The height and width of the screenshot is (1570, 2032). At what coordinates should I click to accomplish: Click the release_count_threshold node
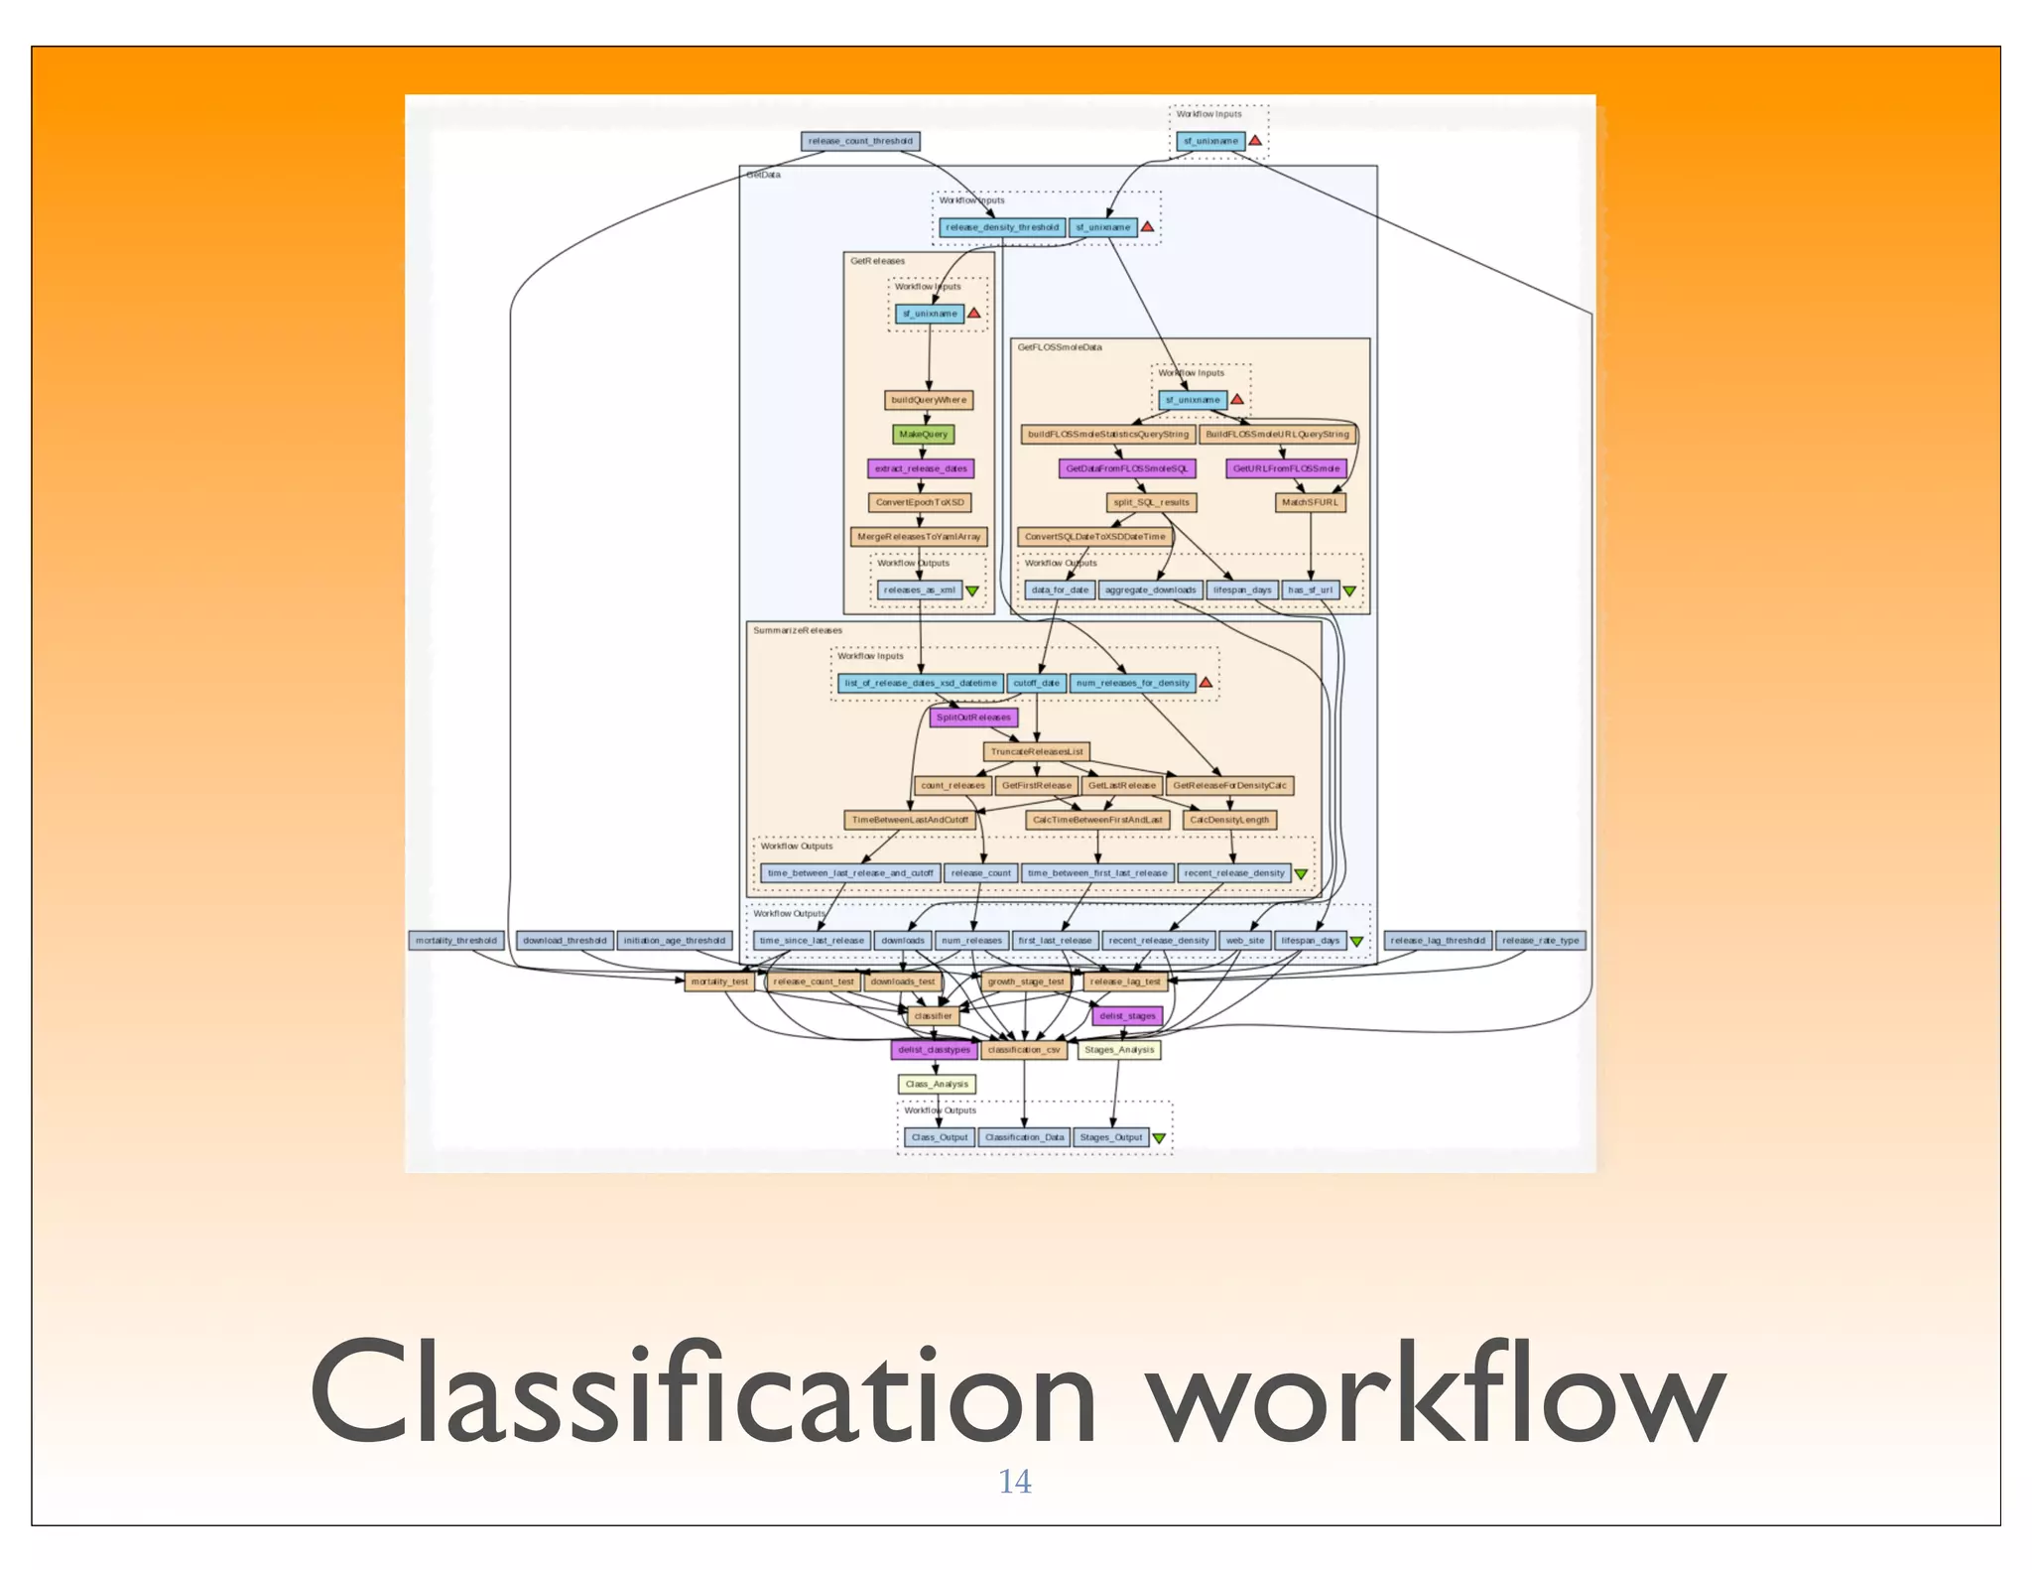pyautogui.click(x=860, y=141)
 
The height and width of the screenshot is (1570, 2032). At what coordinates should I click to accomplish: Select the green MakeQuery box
pyautogui.click(x=923, y=434)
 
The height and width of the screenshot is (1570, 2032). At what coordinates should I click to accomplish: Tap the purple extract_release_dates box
pyautogui.click(x=921, y=468)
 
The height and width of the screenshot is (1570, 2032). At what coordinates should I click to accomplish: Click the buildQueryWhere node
pyautogui.click(x=929, y=400)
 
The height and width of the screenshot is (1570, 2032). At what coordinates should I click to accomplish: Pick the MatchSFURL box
pyautogui.click(x=1310, y=502)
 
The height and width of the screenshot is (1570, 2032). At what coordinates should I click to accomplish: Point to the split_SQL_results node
pyautogui.click(x=1151, y=502)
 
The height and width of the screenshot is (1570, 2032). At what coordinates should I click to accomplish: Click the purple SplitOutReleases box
pyautogui.click(x=973, y=717)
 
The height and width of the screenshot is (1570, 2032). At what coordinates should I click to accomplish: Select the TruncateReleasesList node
pyautogui.click(x=1037, y=751)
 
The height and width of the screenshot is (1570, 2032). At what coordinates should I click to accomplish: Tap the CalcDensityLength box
pyautogui.click(x=1229, y=820)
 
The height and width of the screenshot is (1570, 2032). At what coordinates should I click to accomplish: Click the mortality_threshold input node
pyautogui.click(x=456, y=940)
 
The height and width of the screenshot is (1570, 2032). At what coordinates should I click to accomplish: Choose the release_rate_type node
pyautogui.click(x=1540, y=940)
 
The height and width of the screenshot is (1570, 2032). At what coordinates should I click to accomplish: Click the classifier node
pyautogui.click(x=933, y=1015)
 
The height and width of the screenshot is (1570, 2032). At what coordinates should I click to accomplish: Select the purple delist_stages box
pyautogui.click(x=1127, y=1015)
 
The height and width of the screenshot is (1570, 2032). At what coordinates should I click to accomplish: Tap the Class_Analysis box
pyautogui.click(x=937, y=1084)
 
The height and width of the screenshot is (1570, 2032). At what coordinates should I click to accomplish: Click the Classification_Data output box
pyautogui.click(x=1024, y=1137)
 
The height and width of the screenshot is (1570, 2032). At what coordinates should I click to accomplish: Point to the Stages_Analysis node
pyautogui.click(x=1119, y=1049)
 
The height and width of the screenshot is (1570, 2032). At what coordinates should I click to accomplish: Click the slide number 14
pyautogui.click(x=1014, y=1482)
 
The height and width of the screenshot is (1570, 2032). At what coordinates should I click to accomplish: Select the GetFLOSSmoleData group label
pyautogui.click(x=1060, y=347)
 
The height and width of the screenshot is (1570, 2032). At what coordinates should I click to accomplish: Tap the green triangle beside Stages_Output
pyautogui.click(x=1159, y=1138)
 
